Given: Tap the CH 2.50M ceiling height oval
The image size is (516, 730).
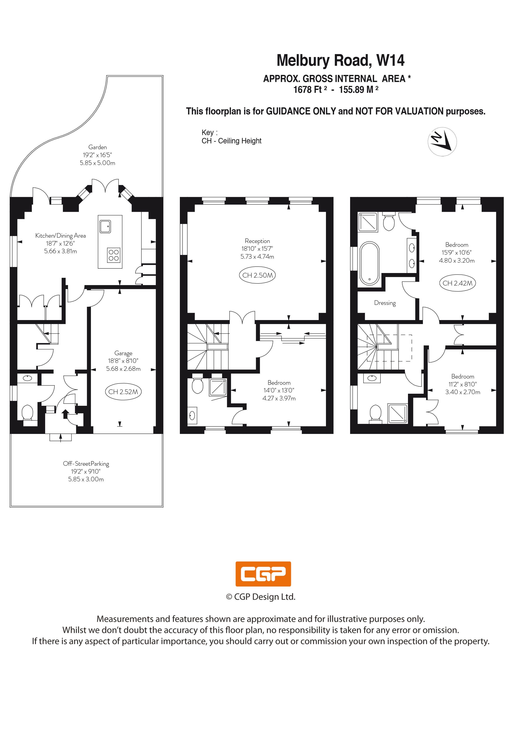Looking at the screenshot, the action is (x=257, y=275).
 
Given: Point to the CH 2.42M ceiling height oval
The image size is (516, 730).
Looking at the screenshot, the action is (x=457, y=283).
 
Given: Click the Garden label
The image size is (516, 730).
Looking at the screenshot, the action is (x=98, y=147).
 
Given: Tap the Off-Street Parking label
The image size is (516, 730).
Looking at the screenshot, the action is (x=86, y=464).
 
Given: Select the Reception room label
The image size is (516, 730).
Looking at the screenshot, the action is (x=257, y=241).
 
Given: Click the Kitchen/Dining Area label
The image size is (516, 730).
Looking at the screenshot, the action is (x=60, y=236).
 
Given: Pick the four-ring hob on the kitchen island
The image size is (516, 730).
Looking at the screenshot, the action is (x=114, y=255).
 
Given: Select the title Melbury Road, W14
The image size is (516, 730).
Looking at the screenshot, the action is (x=341, y=60).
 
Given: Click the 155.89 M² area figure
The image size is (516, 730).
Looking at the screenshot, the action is (x=359, y=90).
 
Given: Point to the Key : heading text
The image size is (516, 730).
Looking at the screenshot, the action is (x=210, y=133).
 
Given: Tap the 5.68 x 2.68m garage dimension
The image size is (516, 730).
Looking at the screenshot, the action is (x=123, y=369).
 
